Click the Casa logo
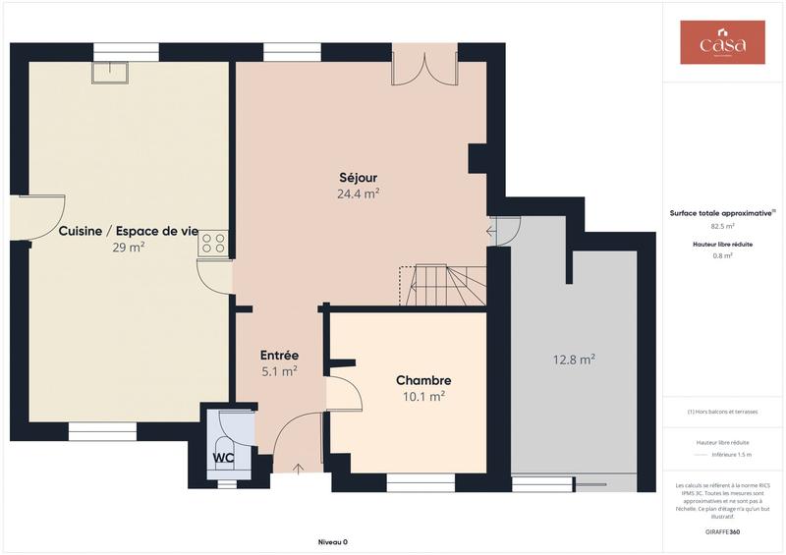722,42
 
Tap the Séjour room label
359,178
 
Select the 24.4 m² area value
359,194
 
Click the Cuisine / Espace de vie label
128,232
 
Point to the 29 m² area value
128,248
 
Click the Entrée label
279,356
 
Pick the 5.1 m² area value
279,371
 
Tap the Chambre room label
423,380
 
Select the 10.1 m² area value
423,396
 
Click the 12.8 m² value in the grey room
573,360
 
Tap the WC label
223,458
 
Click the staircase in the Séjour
447,286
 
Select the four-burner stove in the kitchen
213,243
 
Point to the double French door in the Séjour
423,67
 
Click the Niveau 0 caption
332,542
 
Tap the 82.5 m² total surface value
723,226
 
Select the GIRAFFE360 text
723,530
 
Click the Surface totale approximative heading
722,212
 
